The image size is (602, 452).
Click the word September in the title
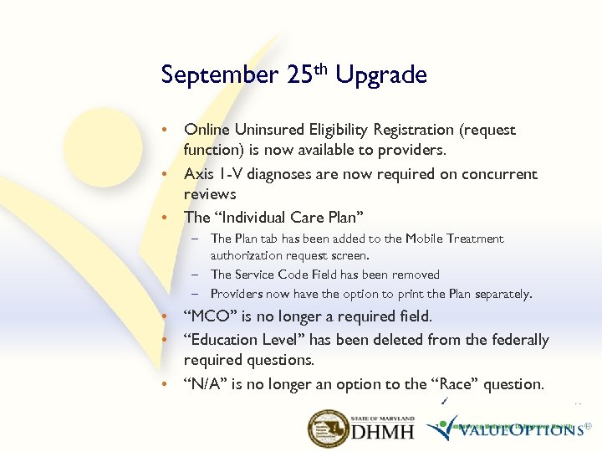click(x=219, y=75)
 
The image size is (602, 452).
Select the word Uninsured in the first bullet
click(x=267, y=130)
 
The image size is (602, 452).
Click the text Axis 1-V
click(x=212, y=174)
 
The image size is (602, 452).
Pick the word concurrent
click(x=496, y=174)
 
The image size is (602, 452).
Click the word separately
click(x=500, y=294)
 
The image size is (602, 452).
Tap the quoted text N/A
click(x=205, y=384)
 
